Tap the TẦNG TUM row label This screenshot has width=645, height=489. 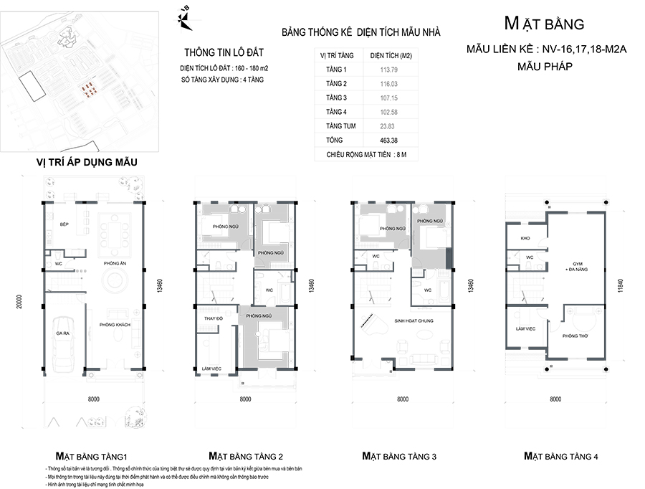(334, 125)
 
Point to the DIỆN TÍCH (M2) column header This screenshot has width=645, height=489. (390, 54)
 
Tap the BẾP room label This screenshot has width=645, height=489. (63, 224)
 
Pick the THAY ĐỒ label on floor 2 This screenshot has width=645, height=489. (214, 318)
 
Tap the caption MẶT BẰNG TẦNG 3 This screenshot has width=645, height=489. (399, 456)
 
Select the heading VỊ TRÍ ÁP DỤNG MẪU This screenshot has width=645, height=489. (87, 163)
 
